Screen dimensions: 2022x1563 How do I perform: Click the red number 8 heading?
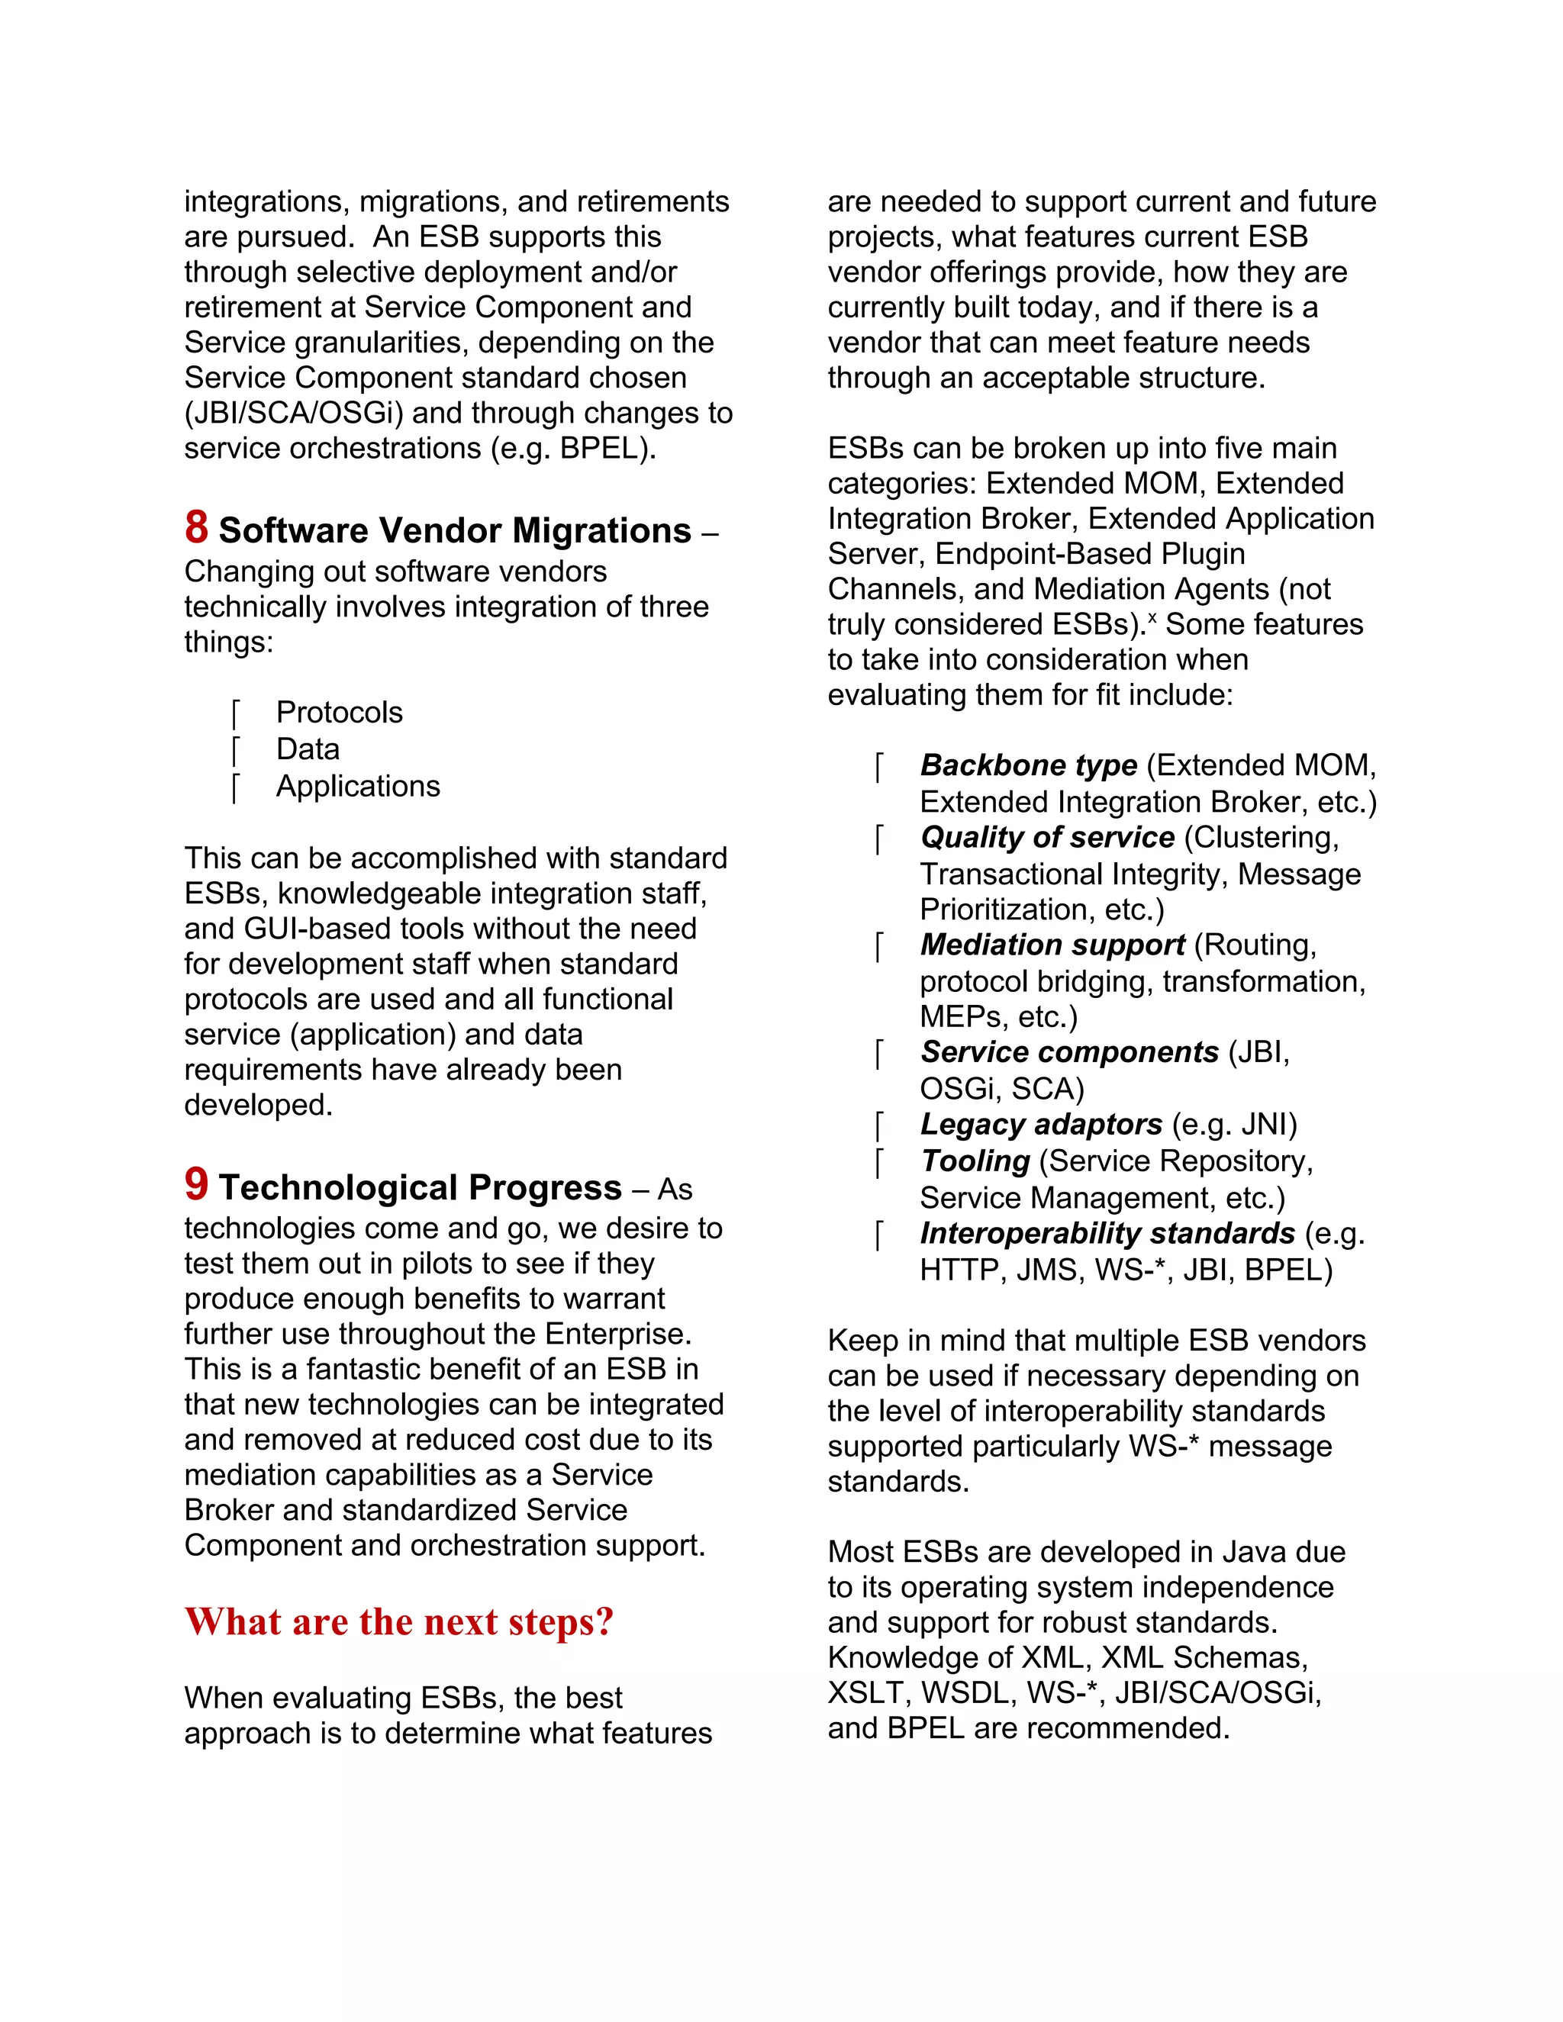196,528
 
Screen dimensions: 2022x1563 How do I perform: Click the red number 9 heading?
196,1184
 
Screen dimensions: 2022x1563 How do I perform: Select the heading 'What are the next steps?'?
399,1621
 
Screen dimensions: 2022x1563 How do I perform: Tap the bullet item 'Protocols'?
339,712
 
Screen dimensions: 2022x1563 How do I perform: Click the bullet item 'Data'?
308,749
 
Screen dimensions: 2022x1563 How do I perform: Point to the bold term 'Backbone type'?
1028,765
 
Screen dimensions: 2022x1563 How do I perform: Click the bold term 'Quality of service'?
1046,837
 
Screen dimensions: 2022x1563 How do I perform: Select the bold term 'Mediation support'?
1052,945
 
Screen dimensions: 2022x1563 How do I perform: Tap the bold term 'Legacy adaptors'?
1041,1124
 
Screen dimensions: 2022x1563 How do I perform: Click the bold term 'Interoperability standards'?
1107,1233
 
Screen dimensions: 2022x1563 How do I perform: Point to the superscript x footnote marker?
1152,616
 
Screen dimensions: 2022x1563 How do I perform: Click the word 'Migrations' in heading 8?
602,530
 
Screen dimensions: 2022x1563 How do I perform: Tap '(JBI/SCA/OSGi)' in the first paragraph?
294,413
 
